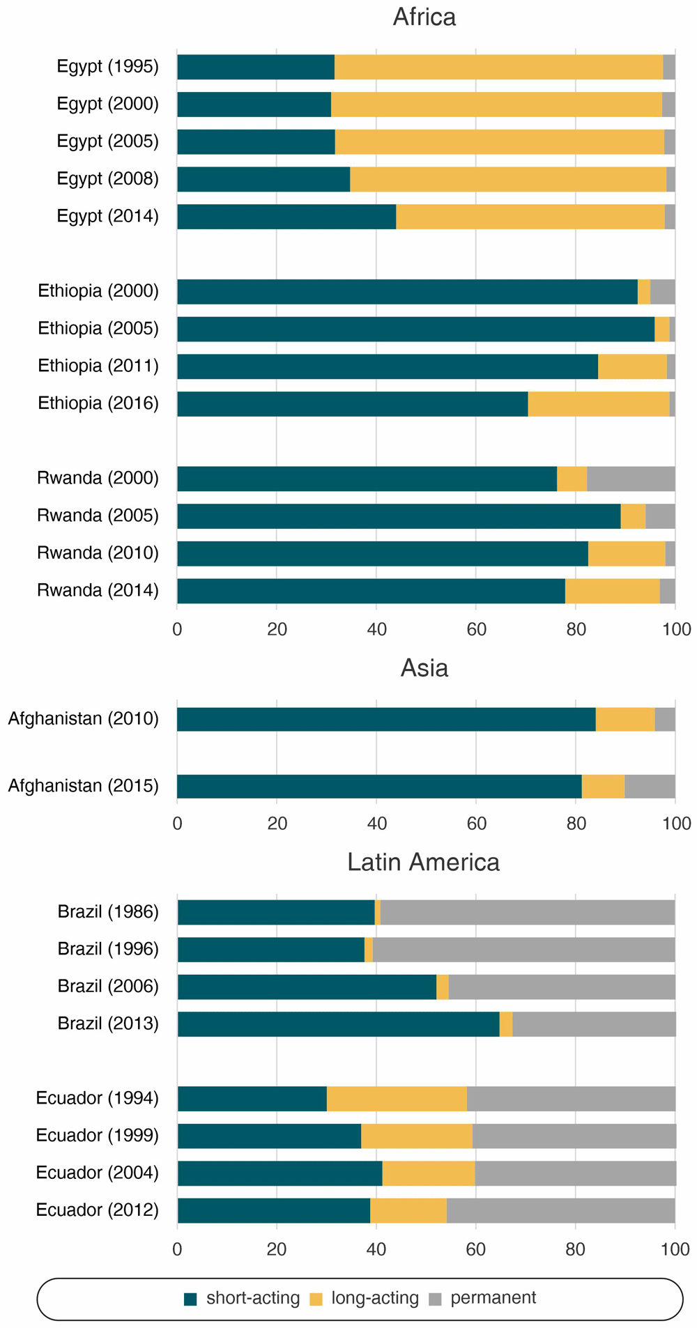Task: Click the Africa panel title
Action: tap(424, 17)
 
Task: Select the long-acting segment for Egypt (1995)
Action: tap(498, 67)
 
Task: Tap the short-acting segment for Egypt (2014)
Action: tap(286, 217)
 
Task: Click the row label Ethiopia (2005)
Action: tap(98, 328)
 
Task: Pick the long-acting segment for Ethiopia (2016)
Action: tap(598, 404)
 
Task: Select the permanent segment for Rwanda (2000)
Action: tap(630, 479)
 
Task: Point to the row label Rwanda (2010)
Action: tap(98, 553)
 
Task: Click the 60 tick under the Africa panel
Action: tap(476, 629)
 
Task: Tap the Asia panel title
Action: tap(424, 668)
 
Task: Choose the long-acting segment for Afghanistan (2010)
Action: tap(625, 719)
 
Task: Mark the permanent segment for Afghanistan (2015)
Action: tap(650, 786)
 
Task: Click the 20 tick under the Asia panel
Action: tap(277, 824)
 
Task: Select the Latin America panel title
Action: tap(423, 862)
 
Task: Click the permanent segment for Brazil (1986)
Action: tap(527, 912)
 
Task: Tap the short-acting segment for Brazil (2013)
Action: tap(338, 1024)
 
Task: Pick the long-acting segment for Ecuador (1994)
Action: tap(397, 1099)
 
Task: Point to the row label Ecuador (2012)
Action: tap(98, 1210)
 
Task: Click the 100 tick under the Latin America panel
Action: tap(675, 1249)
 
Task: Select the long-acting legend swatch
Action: tap(316, 1299)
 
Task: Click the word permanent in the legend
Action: tap(493, 1298)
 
